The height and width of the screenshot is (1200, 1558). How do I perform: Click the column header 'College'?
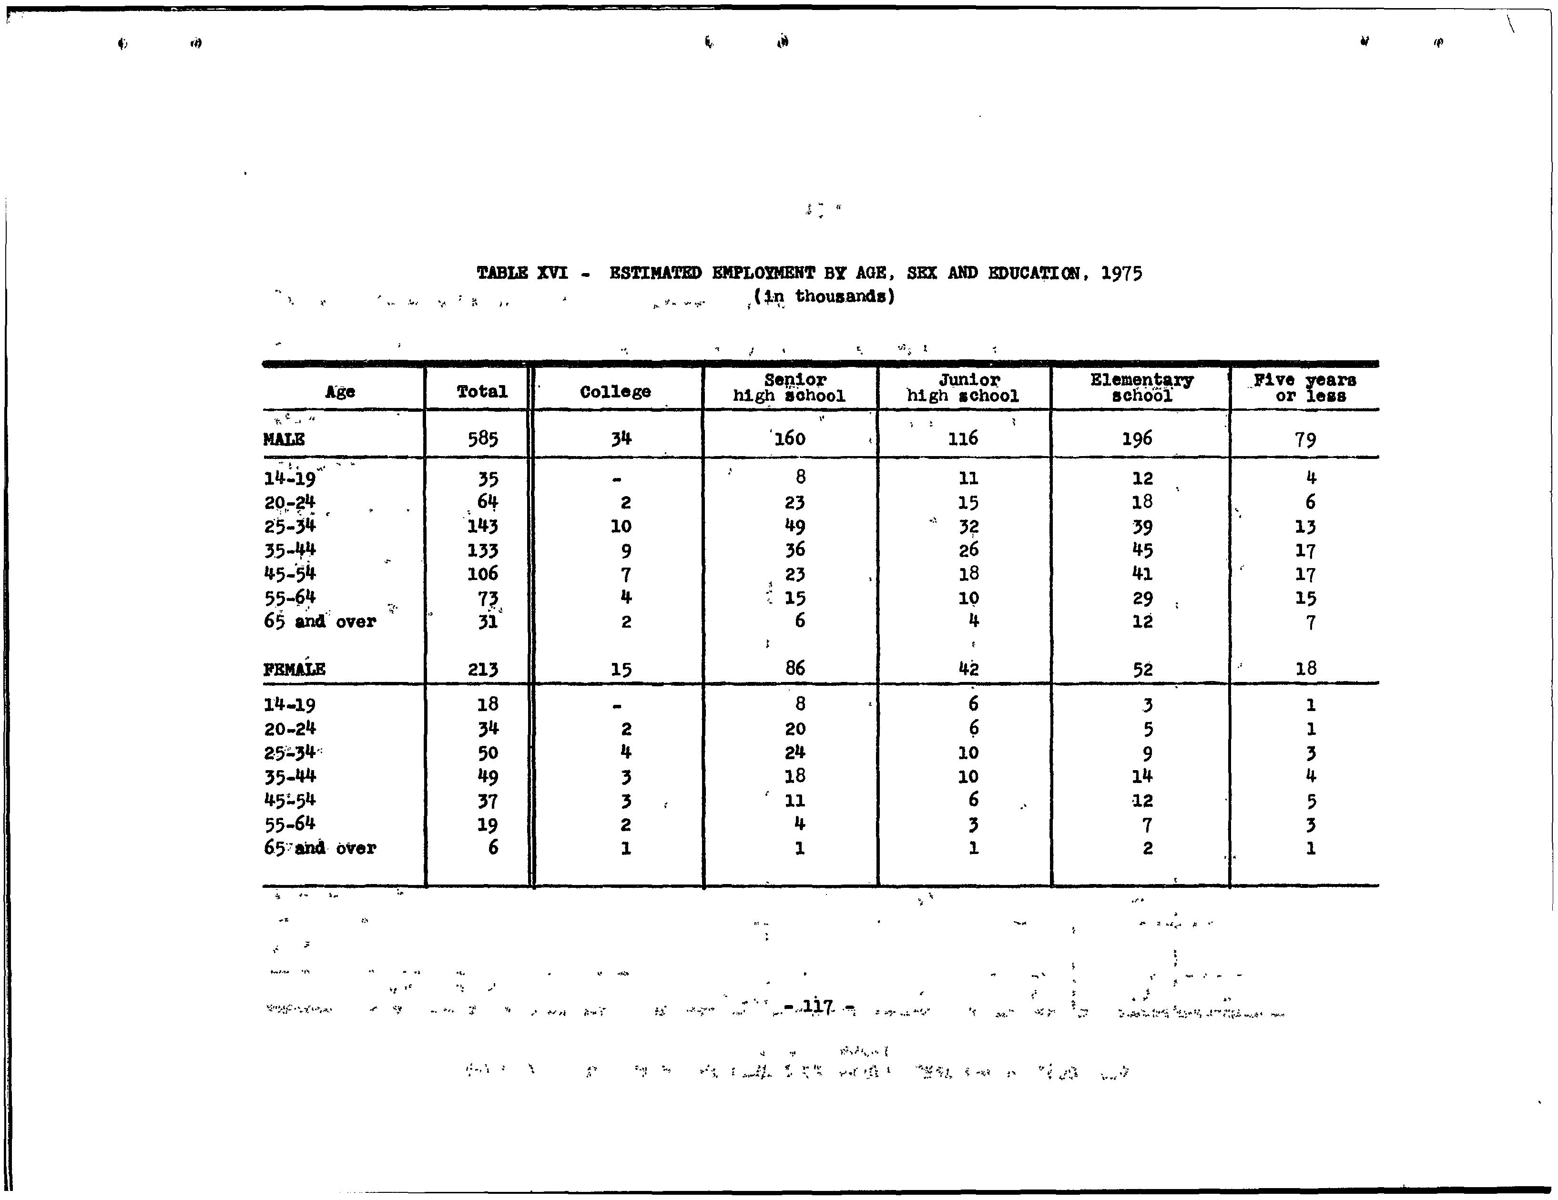point(615,392)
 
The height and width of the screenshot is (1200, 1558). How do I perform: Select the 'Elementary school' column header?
point(1141,387)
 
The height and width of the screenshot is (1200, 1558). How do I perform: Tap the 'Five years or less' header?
point(1305,387)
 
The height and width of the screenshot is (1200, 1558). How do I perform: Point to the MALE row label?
point(284,439)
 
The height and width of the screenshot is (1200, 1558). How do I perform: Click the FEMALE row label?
point(294,669)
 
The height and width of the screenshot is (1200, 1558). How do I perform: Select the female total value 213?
point(483,669)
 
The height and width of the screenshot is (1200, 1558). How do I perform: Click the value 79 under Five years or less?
point(1305,439)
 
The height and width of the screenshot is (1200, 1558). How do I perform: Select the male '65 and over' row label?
point(320,621)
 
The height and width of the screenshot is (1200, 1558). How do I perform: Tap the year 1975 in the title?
point(1121,273)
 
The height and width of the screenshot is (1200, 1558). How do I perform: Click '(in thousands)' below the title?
point(824,296)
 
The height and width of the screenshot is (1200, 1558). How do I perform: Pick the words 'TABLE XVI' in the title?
point(522,273)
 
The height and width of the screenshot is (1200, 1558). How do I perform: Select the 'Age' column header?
point(340,392)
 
